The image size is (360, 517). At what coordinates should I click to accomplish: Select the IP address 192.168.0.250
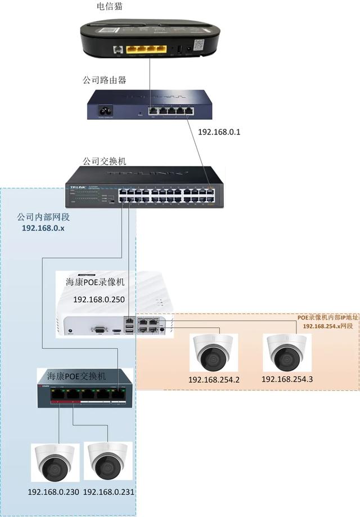coord(99,299)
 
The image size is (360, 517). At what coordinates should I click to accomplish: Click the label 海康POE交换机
coord(76,376)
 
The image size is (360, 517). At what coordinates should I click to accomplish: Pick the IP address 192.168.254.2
coord(214,380)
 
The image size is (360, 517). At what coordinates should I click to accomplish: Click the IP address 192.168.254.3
coord(287,379)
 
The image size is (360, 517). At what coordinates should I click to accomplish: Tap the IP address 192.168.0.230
coord(53,492)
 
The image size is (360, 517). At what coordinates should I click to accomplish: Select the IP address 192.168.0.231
coord(109,492)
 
